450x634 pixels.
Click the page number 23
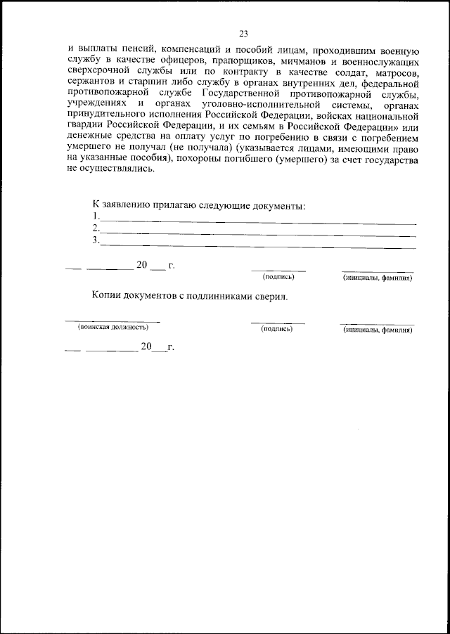coord(243,33)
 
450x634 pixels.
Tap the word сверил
coord(271,297)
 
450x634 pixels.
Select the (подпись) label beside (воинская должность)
coord(276,328)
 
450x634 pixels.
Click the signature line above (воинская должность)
coord(112,321)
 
